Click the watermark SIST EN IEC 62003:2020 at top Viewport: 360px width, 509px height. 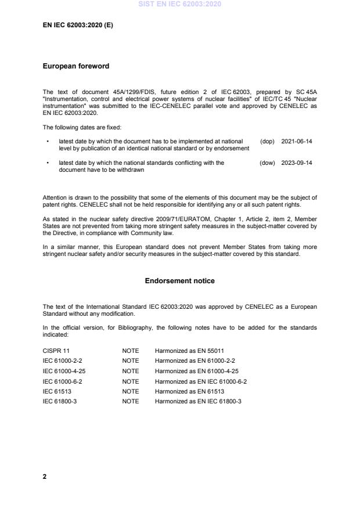pyautogui.click(x=180, y=5)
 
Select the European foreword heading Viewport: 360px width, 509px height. pyautogui.click(x=76, y=66)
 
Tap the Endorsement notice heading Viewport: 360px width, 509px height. pyautogui.click(x=179, y=281)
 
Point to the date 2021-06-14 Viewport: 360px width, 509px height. pyautogui.click(x=297, y=141)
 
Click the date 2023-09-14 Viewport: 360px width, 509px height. pyautogui.click(x=297, y=163)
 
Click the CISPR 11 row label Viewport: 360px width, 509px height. pyautogui.click(x=56, y=351)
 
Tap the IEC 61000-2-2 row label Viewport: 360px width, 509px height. pyautogui.click(x=62, y=360)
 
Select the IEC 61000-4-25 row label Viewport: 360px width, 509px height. pyautogui.click(x=64, y=371)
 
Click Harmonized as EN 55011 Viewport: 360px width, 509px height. pyautogui.click(x=189, y=351)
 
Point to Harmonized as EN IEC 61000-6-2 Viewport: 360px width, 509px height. pyautogui.click(x=201, y=381)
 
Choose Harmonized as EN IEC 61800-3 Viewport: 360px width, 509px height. pyautogui.click(x=198, y=402)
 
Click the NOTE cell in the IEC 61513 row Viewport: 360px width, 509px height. pyautogui.click(x=130, y=391)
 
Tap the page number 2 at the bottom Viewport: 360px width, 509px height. pyautogui.click(x=45, y=476)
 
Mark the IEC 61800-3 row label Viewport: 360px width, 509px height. pyautogui.click(x=60, y=402)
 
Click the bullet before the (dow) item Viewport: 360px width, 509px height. pyautogui.click(x=47, y=163)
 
